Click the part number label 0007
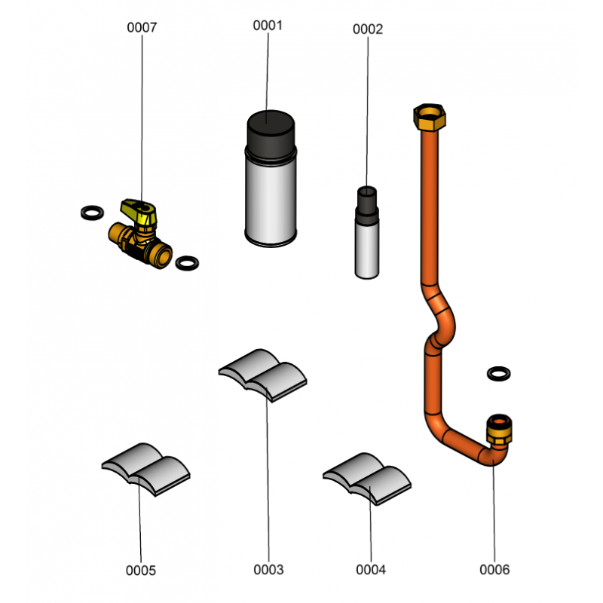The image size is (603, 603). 142,28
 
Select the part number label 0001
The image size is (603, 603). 267,25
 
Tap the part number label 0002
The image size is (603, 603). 368,29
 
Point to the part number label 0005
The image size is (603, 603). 142,571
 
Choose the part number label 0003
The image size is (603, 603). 268,570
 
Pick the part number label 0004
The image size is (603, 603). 371,570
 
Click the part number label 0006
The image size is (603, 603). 494,570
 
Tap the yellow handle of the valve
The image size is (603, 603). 140,209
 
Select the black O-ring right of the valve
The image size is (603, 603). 187,263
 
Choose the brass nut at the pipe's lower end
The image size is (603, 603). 498,430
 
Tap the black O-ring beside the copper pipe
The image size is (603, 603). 498,373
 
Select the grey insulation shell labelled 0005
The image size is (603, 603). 146,469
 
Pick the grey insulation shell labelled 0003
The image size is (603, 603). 264,374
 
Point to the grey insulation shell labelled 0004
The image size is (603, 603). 367,478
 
